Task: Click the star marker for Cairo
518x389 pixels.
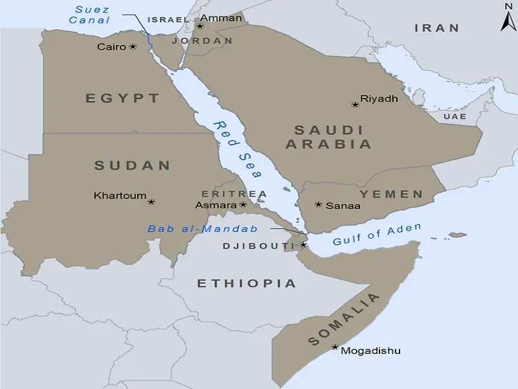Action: point(133,47)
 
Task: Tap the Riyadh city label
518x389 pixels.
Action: point(379,99)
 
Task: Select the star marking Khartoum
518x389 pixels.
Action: point(152,201)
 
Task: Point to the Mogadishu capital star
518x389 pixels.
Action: point(335,348)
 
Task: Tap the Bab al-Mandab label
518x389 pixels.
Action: point(203,229)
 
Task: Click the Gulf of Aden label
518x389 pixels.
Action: point(377,234)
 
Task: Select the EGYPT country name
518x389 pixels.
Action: point(122,99)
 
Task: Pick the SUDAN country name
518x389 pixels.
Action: point(132,165)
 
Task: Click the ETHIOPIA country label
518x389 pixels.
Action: point(246,283)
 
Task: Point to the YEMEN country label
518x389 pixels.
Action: point(391,194)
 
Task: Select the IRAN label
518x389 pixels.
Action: point(436,28)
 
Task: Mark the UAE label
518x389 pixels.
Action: point(455,116)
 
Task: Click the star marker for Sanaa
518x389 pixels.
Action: point(318,205)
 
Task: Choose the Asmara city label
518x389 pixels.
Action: point(215,205)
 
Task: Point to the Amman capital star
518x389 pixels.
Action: point(200,26)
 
